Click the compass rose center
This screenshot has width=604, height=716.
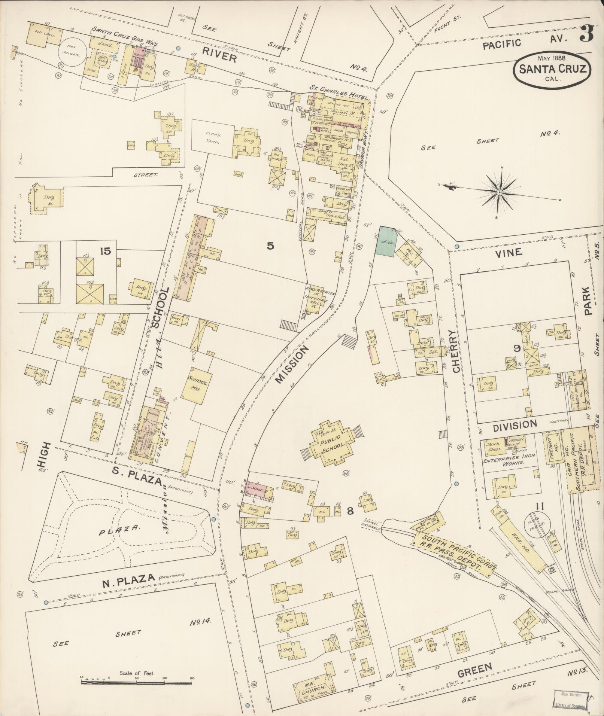[x=500, y=192]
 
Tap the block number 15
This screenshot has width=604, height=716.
[x=105, y=251]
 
